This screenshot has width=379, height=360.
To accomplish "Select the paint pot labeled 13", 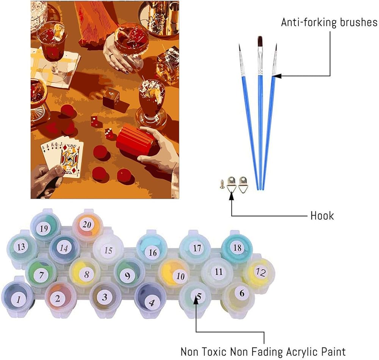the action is tap(22, 247).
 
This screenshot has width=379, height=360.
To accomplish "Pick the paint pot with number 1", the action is tap(18, 299).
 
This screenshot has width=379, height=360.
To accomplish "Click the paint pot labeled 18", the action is tap(237, 248).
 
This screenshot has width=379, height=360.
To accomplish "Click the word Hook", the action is tap(322, 215).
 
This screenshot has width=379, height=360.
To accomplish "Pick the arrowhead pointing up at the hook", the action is tap(232, 196).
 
